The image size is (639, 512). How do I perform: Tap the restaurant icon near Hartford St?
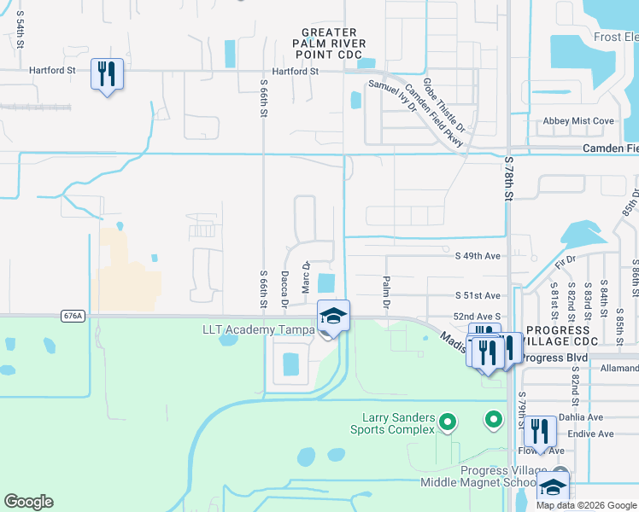(x=107, y=74)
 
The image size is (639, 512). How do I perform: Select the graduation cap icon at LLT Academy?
(x=333, y=317)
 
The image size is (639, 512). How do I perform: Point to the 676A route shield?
(x=73, y=316)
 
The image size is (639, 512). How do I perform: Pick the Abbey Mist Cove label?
(x=578, y=121)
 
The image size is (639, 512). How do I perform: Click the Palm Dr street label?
(x=386, y=292)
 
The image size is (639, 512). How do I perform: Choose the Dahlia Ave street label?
(x=581, y=418)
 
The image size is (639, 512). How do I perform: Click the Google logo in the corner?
(x=28, y=502)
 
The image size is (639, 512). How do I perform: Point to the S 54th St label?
(x=18, y=29)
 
